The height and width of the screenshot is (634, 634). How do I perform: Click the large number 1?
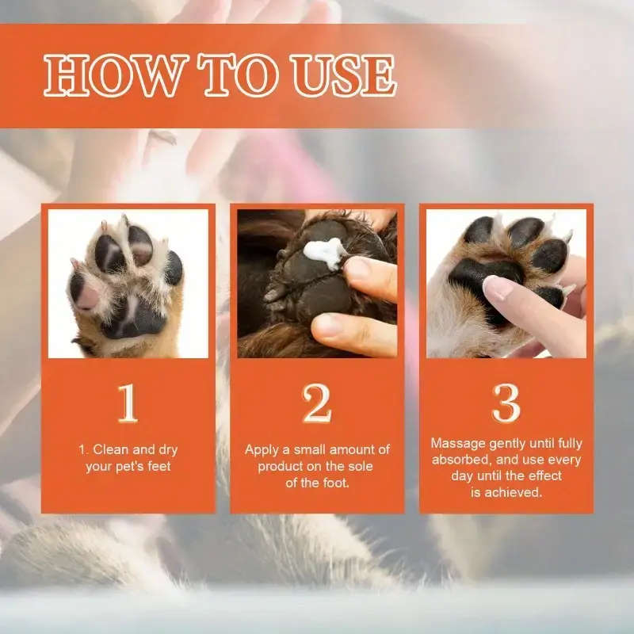pos(128,404)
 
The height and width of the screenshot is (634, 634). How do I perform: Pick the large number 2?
pos(317,404)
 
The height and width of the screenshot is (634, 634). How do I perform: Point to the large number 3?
pos(506,404)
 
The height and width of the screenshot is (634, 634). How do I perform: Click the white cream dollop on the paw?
pos(325,253)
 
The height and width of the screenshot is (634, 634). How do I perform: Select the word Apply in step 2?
pos(262,449)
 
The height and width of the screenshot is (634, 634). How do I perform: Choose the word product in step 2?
pos(281,466)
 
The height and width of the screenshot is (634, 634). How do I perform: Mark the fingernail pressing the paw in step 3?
pos(498,288)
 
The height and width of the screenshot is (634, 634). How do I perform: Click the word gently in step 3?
pos(511,444)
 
